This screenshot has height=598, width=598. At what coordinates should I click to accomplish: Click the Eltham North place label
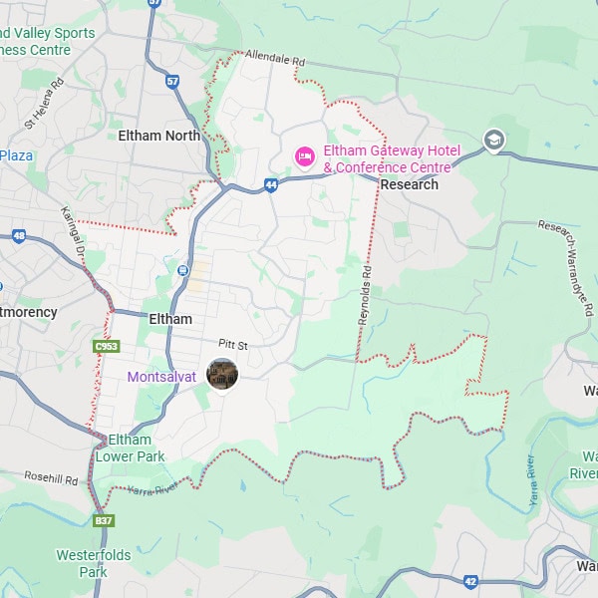[x=159, y=135]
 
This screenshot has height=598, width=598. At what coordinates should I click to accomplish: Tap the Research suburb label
[x=409, y=184]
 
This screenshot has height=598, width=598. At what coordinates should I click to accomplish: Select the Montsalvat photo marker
[x=221, y=374]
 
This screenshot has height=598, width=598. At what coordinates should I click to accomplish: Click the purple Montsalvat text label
[x=161, y=377]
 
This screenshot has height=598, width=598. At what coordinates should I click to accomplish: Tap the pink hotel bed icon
[x=305, y=156]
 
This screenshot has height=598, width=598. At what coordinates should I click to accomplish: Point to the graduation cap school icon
[x=493, y=141]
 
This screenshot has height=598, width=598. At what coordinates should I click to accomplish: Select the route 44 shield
[x=271, y=184]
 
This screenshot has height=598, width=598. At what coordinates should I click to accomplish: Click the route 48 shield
[x=19, y=236]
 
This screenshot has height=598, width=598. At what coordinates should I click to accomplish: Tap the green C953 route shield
[x=107, y=346]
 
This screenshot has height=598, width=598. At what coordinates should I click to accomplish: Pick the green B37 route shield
[x=103, y=520]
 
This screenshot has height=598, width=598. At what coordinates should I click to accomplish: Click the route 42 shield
[x=470, y=580]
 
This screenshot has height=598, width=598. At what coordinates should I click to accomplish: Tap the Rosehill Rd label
[x=51, y=478]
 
